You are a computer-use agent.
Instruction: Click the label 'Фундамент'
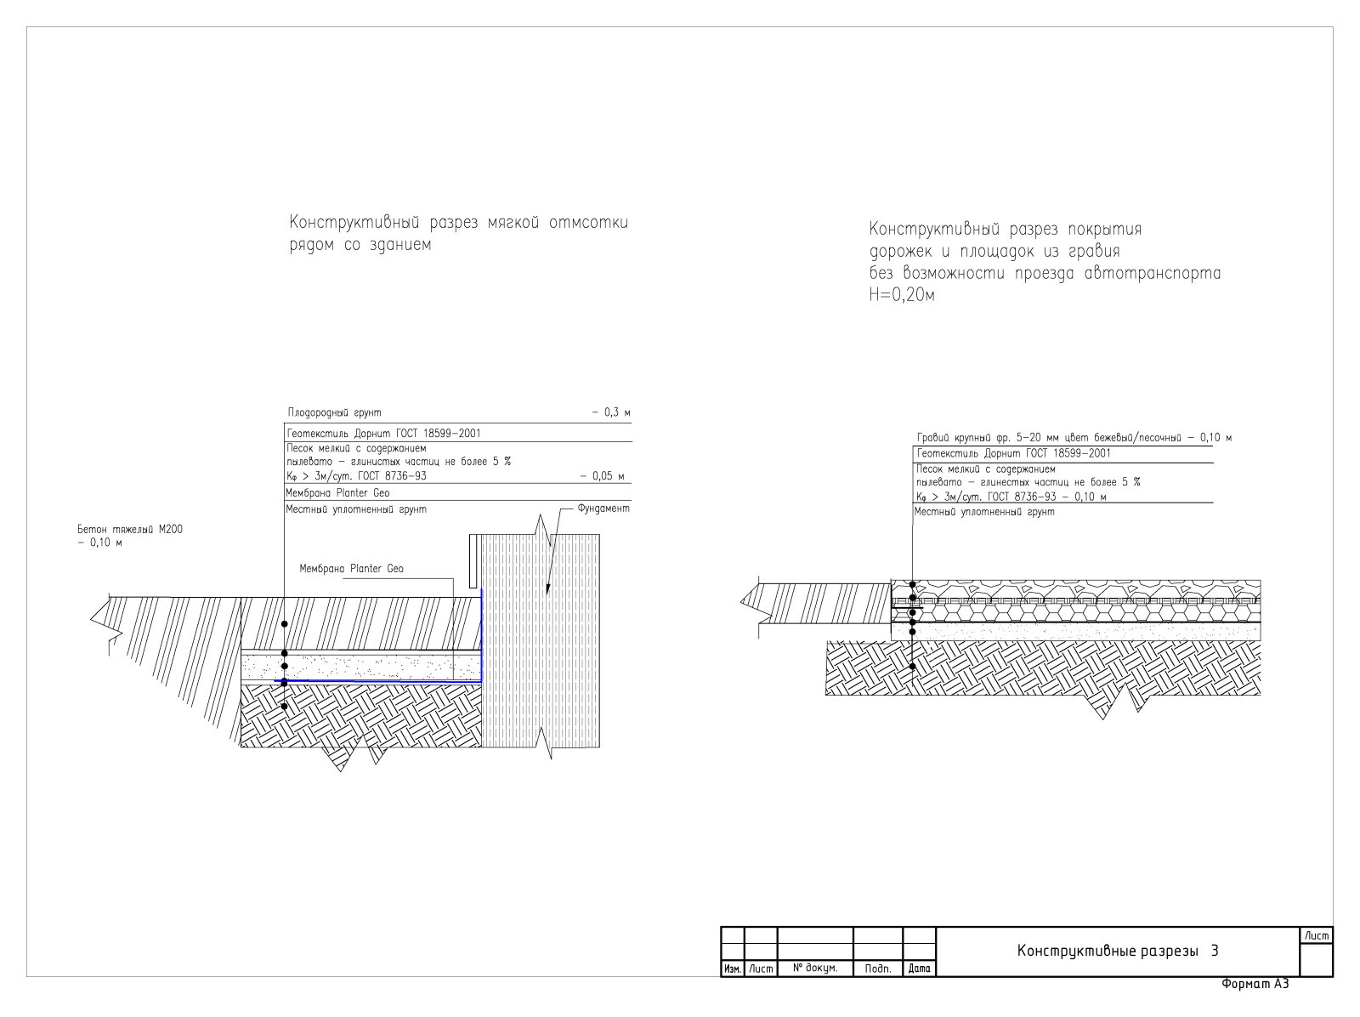(x=603, y=508)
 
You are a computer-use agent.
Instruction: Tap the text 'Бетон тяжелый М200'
(x=130, y=530)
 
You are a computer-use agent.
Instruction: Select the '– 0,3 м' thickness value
(x=611, y=412)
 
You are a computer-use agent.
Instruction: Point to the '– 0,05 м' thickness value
(x=603, y=476)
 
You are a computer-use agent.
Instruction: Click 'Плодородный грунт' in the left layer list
(x=335, y=412)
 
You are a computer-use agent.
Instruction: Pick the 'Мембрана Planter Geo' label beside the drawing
(x=351, y=569)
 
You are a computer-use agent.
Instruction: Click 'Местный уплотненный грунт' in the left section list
(x=356, y=509)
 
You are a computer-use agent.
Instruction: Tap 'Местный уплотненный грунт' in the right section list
(x=984, y=512)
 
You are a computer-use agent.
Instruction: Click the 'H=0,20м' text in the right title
(x=902, y=296)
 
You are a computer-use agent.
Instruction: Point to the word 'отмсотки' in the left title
(x=588, y=223)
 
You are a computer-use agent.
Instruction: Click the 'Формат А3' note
(x=1255, y=984)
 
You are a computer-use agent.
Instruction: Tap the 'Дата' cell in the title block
(x=920, y=969)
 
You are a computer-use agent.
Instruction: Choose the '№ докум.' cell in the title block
(x=815, y=968)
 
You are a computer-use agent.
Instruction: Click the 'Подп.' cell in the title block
(x=878, y=969)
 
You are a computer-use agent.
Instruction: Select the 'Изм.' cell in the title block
(x=733, y=969)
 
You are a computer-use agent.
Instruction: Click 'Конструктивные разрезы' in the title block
(x=1108, y=952)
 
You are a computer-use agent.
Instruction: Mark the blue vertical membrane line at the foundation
(x=481, y=634)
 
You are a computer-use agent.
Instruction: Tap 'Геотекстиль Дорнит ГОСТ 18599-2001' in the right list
(x=1014, y=453)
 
